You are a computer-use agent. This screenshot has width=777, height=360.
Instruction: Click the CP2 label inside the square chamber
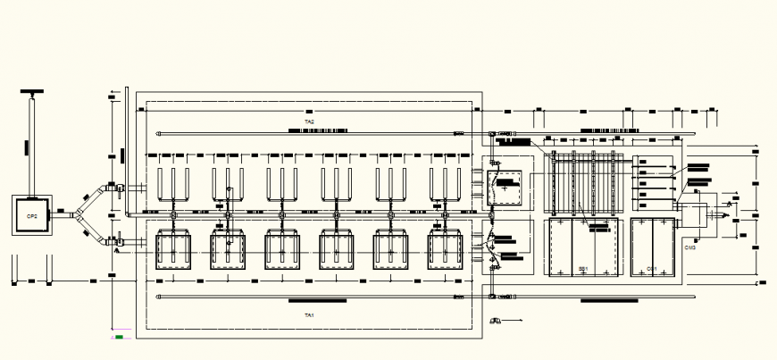[31, 216]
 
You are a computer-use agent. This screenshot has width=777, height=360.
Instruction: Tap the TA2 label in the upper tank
[309, 121]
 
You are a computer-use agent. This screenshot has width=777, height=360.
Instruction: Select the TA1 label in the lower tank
[309, 315]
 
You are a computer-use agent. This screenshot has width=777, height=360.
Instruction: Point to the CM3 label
[690, 247]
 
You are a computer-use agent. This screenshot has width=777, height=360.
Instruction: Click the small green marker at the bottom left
[118, 338]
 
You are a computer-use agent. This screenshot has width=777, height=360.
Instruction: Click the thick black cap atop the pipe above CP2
[33, 92]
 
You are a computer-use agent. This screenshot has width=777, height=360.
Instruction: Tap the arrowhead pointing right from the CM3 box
[726, 215]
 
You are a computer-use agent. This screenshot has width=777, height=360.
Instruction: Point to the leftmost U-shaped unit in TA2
[173, 182]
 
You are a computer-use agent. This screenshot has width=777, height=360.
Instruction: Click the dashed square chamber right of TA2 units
[505, 188]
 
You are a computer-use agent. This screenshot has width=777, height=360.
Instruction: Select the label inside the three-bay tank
[582, 268]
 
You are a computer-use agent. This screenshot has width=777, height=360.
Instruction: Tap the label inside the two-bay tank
[651, 268]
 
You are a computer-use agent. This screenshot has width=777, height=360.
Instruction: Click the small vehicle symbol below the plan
[493, 320]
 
